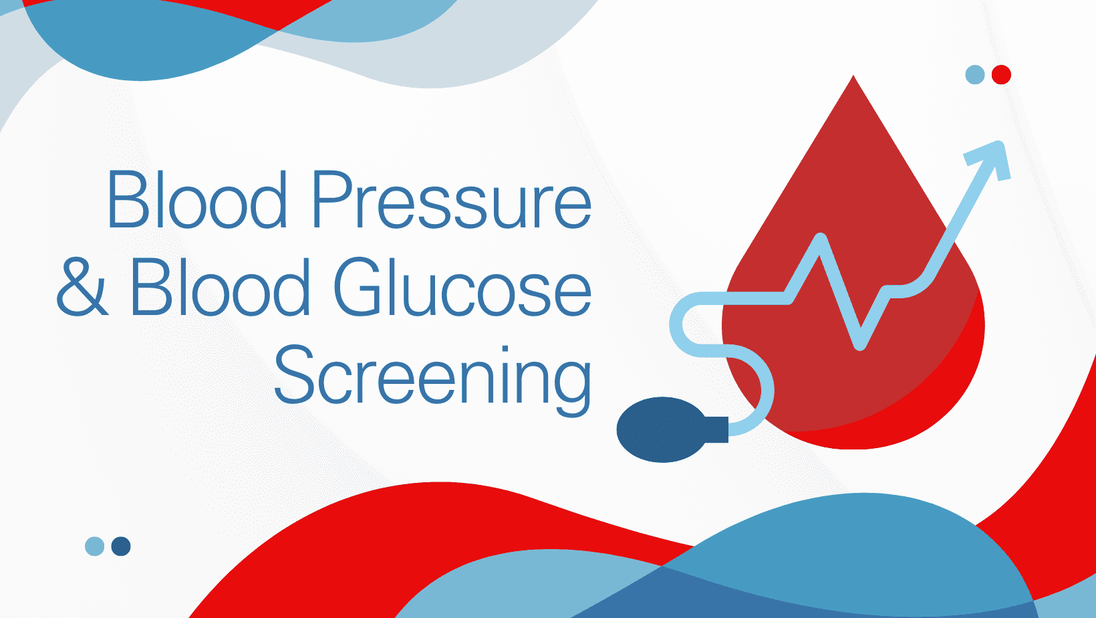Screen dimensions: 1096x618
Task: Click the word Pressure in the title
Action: click(452, 200)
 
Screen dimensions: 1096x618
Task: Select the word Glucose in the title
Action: click(463, 287)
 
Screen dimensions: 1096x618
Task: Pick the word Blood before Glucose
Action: click(220, 286)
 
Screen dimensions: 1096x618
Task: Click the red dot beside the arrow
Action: click(1001, 74)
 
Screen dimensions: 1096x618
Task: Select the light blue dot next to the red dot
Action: click(974, 74)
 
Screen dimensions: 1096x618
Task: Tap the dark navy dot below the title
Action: click(121, 546)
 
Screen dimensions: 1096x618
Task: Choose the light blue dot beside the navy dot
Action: click(94, 546)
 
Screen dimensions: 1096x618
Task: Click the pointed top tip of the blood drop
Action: click(853, 76)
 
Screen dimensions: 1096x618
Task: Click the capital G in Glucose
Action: click(358, 287)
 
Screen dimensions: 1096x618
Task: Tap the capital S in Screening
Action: click(293, 374)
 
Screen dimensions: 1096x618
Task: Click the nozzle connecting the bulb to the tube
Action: click(717, 429)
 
